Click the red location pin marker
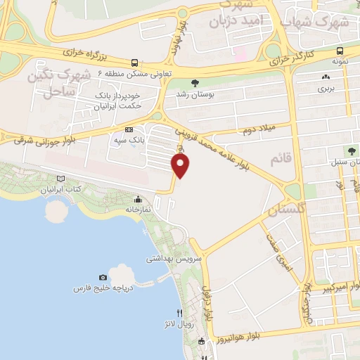point(181,166)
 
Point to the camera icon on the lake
point(103,278)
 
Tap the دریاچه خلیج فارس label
point(105,289)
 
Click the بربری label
point(324,89)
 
